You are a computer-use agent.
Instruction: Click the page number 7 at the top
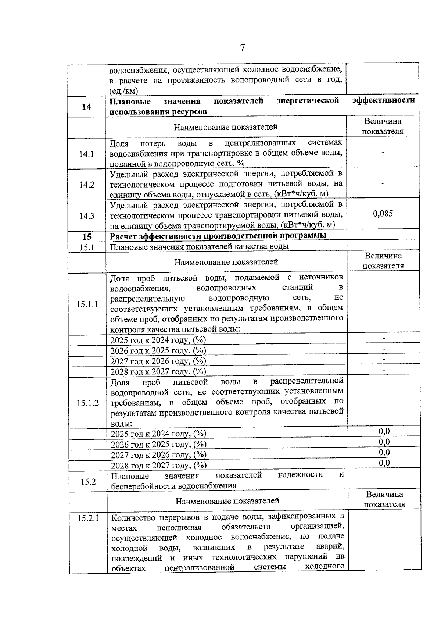point(242,48)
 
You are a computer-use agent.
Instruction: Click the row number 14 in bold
point(86,107)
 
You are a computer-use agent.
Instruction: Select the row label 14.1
point(87,154)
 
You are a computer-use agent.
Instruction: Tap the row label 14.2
point(87,185)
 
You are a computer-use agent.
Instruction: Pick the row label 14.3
point(87,216)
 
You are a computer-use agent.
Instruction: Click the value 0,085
point(383,214)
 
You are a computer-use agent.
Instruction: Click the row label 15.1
point(87,247)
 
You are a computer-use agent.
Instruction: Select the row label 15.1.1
point(87,304)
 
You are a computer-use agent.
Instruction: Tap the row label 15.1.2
point(87,403)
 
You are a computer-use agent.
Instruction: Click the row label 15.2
point(88,481)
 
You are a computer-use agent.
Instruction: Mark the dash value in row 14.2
point(383,183)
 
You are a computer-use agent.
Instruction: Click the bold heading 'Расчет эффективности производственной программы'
point(218,236)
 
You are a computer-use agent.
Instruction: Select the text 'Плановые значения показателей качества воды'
point(200,246)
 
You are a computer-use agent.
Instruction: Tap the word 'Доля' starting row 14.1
point(119,143)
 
